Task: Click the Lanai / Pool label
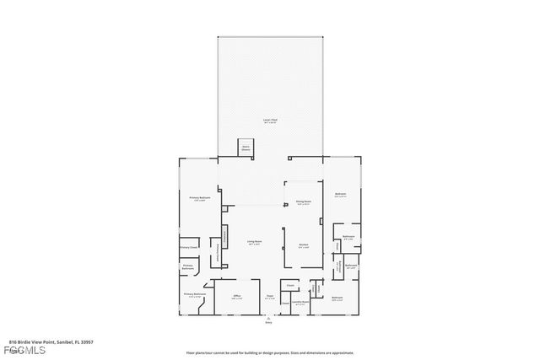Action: click(x=270, y=121)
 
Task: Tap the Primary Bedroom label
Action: click(x=199, y=198)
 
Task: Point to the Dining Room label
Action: click(x=303, y=202)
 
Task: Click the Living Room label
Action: click(x=254, y=243)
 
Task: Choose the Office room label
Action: click(x=237, y=297)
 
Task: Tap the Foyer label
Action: click(x=270, y=297)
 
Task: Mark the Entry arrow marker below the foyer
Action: click(x=270, y=316)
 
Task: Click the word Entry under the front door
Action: click(x=270, y=322)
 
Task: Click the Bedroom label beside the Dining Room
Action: click(x=341, y=194)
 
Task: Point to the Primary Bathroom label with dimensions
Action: click(x=194, y=295)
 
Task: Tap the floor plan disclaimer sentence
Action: click(x=269, y=352)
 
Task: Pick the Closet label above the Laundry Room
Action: click(x=289, y=286)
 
